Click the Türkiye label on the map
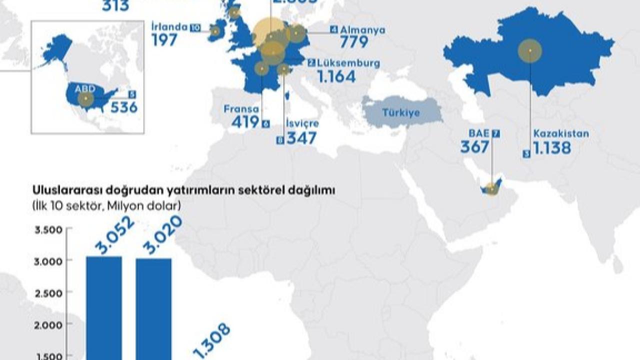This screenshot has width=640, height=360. pyautogui.click(x=401, y=112)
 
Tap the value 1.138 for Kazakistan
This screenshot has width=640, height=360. pyautogui.click(x=551, y=148)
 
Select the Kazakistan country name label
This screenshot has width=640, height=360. pyautogui.click(x=560, y=134)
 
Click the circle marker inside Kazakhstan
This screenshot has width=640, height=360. pyautogui.click(x=529, y=51)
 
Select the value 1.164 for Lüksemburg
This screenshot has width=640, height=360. pyautogui.click(x=336, y=77)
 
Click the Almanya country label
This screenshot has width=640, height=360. pyautogui.click(x=362, y=30)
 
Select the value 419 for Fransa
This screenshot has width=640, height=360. pyautogui.click(x=245, y=122)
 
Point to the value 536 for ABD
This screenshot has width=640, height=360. pyautogui.click(x=123, y=107)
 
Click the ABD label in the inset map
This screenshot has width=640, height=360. pyautogui.click(x=84, y=89)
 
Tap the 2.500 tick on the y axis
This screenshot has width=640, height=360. pyautogui.click(x=48, y=292)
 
